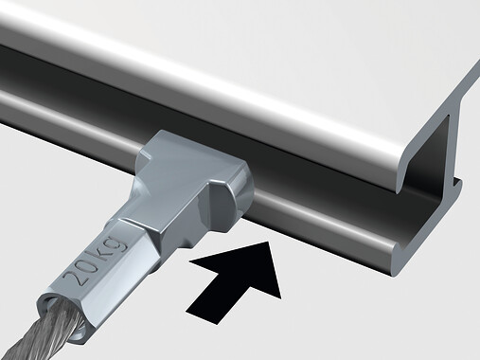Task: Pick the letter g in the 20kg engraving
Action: click(x=119, y=243)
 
